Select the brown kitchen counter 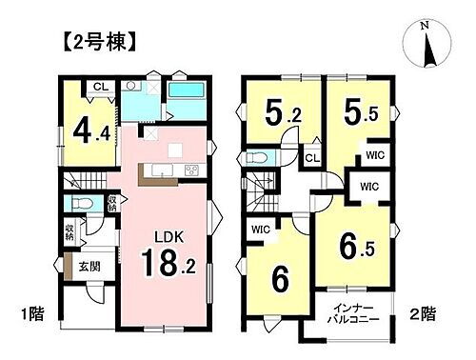point(157,171)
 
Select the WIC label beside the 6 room point(261,230)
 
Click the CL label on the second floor point(312,158)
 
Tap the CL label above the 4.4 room point(99,89)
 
